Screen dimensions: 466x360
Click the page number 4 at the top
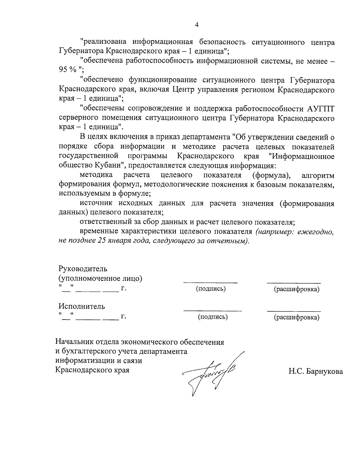[197, 25]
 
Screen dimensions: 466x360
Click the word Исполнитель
[82, 306]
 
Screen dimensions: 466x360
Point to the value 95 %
[68, 70]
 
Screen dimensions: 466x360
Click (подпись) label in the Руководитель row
[211, 289]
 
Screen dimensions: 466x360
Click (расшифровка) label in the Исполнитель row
[296, 317]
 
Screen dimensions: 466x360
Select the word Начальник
[74, 341]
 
